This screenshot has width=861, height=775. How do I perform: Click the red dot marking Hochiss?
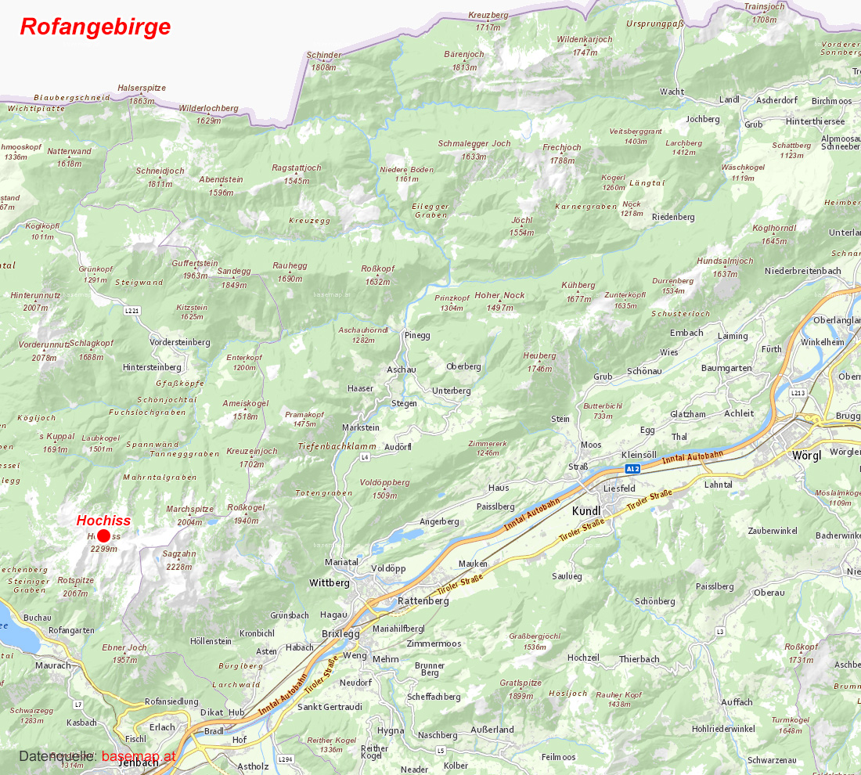click(103, 535)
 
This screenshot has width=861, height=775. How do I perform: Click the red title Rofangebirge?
click(95, 27)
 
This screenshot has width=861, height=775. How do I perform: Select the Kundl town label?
click(586, 510)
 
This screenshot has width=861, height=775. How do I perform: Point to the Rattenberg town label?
click(423, 600)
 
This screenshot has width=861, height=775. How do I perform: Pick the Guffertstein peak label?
click(195, 264)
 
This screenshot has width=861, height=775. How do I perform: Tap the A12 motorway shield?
click(632, 469)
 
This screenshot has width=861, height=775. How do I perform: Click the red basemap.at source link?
click(139, 756)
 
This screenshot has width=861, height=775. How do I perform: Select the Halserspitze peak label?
click(142, 88)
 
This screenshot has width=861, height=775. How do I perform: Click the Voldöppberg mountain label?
click(384, 482)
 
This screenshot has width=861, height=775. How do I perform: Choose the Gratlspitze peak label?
click(521, 683)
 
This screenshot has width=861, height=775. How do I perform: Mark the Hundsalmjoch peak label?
click(725, 261)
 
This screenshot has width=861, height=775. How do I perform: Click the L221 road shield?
click(132, 311)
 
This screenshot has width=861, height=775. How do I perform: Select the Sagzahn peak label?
click(179, 553)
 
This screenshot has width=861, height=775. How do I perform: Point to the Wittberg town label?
click(329, 583)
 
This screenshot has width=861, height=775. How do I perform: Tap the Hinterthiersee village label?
click(815, 121)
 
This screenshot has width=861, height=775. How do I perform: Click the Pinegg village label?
click(417, 335)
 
